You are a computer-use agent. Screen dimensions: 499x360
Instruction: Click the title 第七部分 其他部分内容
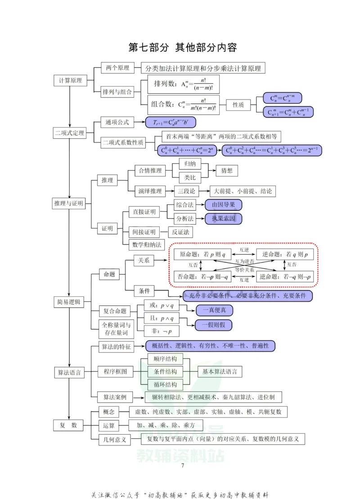[182, 47]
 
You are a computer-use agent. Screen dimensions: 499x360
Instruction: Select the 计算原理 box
[70, 81]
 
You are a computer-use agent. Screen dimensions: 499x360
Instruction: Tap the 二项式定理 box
[69, 133]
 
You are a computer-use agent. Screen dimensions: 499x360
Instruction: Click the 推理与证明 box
[68, 204]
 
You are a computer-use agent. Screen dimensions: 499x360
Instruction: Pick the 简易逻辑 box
[68, 303]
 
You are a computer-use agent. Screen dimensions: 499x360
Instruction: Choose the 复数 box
[68, 425]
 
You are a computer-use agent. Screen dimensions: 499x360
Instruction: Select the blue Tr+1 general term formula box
[171, 122]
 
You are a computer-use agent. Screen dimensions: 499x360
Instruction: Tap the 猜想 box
[227, 171]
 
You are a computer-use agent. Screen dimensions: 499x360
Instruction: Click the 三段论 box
[187, 191]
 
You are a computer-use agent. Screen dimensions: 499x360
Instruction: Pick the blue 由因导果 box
[223, 205]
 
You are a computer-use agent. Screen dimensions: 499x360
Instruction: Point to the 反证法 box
[180, 232]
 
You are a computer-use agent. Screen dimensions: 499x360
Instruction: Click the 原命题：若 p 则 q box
[202, 254]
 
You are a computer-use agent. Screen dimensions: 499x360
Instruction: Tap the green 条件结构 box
[165, 372]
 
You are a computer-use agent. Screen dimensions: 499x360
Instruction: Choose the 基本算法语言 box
[220, 372]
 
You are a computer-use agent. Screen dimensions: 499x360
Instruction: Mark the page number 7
[182, 465]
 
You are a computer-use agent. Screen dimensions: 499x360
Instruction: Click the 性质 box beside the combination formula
[238, 105]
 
